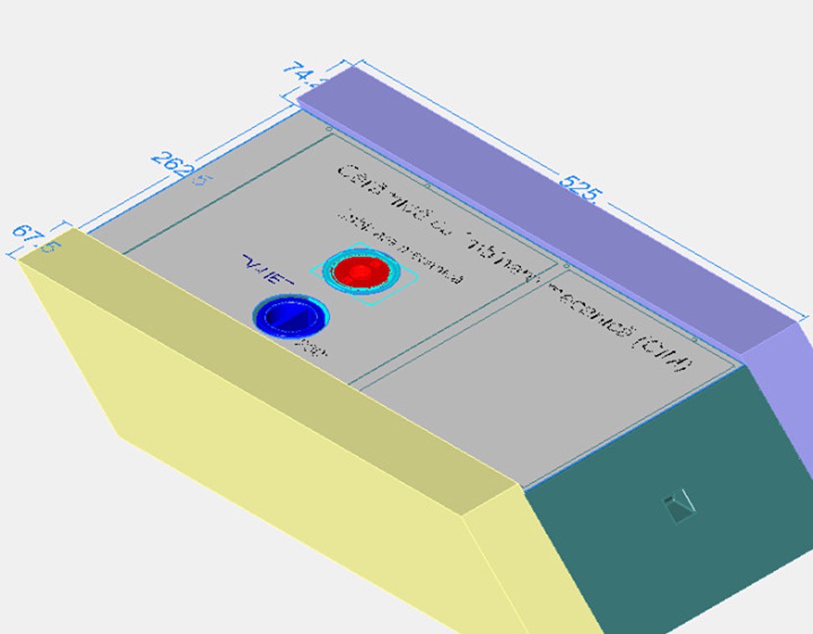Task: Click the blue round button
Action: (x=289, y=317)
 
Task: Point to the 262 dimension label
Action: (x=171, y=166)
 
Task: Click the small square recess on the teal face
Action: (x=680, y=507)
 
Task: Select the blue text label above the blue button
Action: (x=267, y=271)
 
